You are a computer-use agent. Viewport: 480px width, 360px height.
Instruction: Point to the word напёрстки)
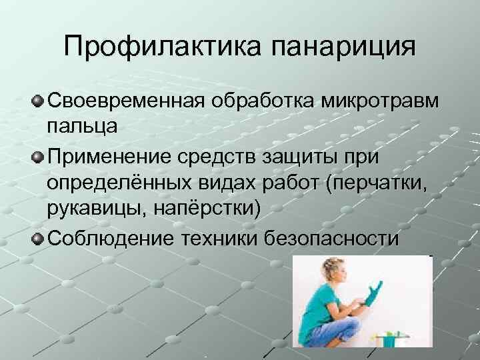[204, 209]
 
